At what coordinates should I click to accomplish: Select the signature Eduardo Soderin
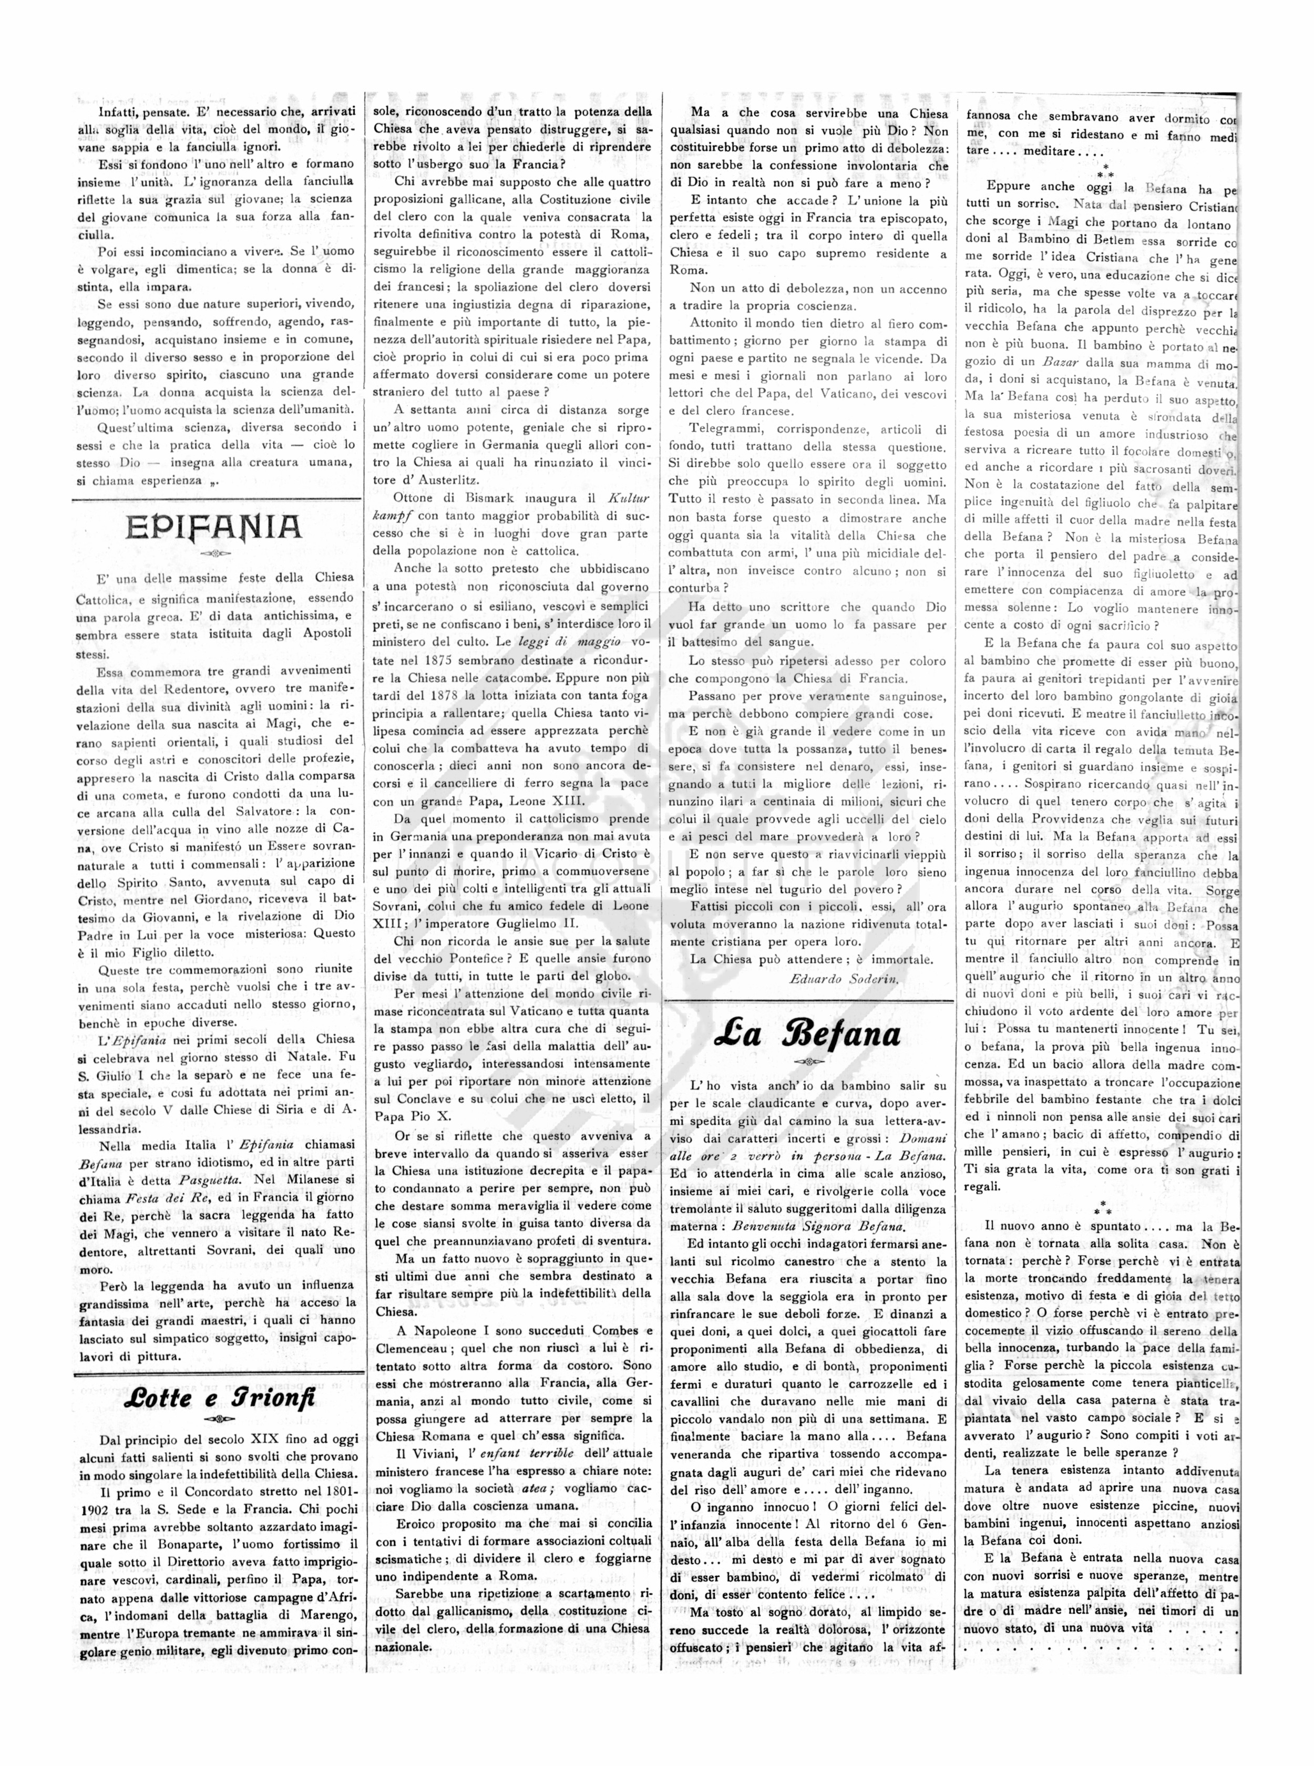click(x=844, y=979)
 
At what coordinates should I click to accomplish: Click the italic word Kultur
click(x=629, y=499)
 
